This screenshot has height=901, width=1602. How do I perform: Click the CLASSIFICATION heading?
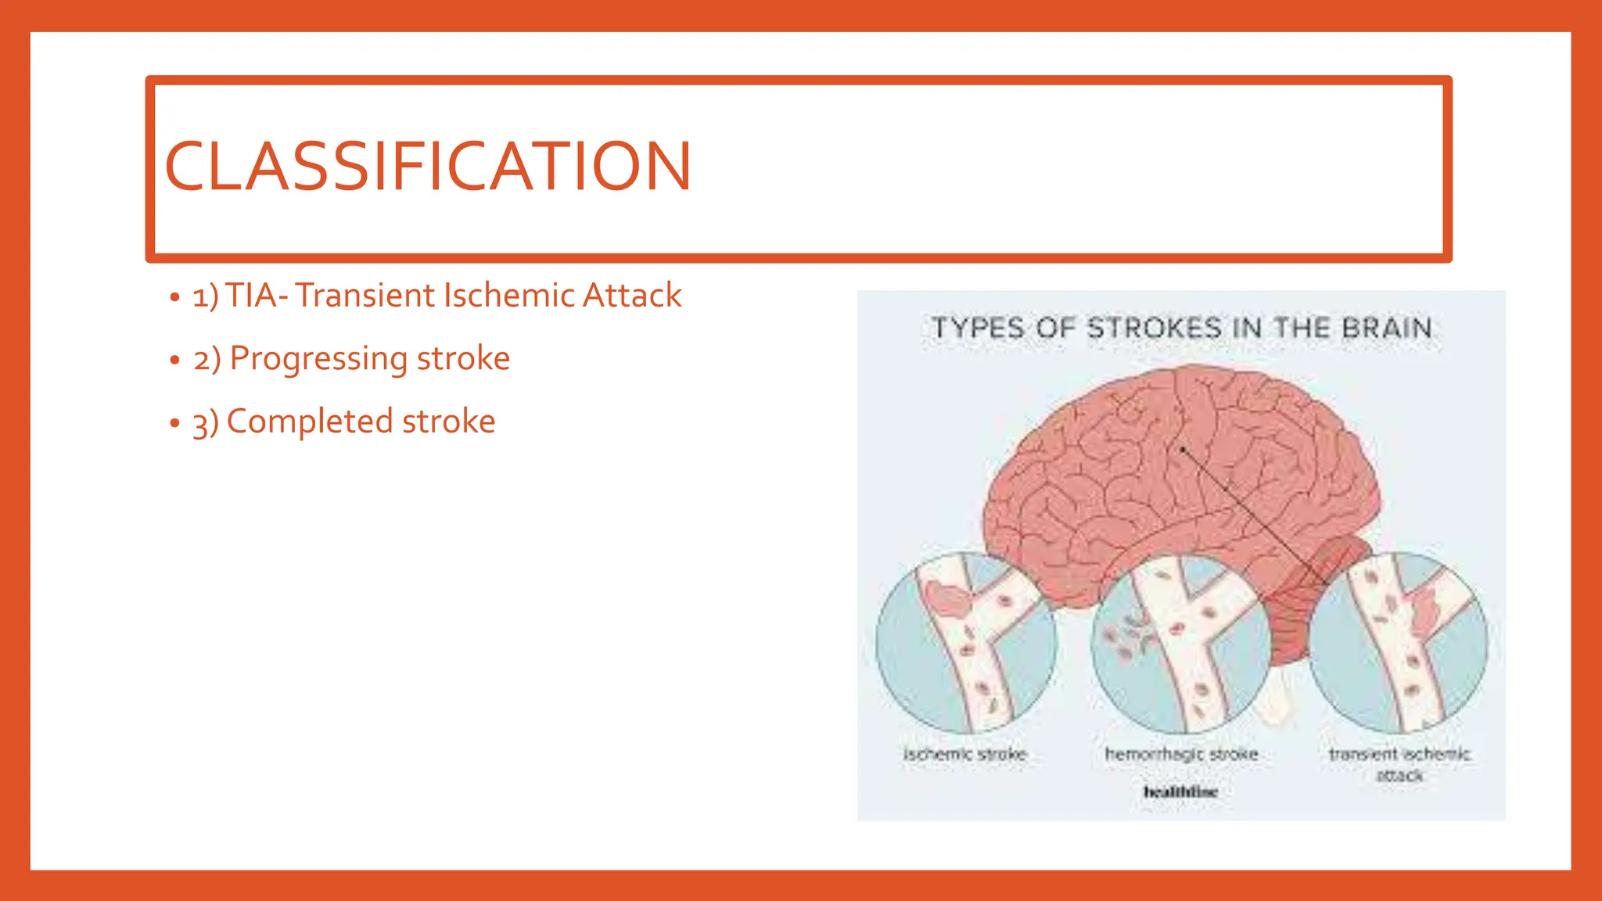pos(428,166)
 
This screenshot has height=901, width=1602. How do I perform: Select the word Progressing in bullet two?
pos(318,359)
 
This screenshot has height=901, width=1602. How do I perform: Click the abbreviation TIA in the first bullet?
pos(251,296)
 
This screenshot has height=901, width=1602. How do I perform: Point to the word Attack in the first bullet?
pos(632,296)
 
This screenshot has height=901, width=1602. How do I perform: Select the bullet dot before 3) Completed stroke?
pos(174,423)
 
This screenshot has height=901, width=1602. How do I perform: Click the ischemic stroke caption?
pos(964,754)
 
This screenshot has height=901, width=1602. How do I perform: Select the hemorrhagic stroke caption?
pos(1181,754)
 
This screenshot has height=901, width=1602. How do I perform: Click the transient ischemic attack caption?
pos(1399,763)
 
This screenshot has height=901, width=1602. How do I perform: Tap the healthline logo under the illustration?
pos(1180,792)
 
